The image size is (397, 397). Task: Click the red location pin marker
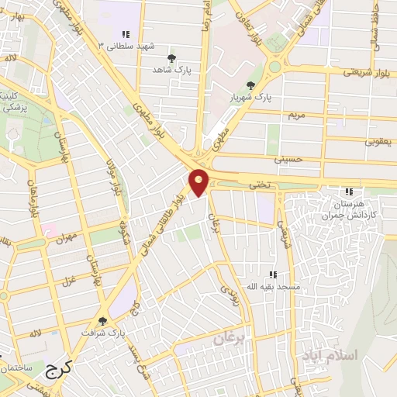click(199, 181)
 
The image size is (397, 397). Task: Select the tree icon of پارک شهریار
click(249, 85)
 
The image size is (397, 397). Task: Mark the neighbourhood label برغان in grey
click(229, 339)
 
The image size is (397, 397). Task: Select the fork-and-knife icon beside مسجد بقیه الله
click(272, 274)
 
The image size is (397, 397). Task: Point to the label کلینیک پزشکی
click(13, 101)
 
